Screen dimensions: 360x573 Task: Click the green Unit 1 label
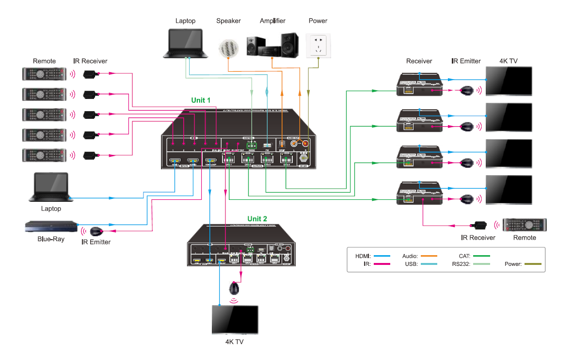[x=201, y=100]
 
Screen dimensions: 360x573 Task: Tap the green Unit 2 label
[x=257, y=219]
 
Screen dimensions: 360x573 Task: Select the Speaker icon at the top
[x=228, y=48]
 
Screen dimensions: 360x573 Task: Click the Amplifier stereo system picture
[x=272, y=46]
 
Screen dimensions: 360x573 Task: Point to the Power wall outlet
[x=318, y=46]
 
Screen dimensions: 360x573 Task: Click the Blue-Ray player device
[x=51, y=227]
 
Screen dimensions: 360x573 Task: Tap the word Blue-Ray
[x=51, y=239]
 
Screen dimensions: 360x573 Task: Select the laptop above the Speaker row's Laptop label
[x=186, y=44]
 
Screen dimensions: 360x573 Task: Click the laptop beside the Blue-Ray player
[x=51, y=188]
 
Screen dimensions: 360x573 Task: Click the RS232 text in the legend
[x=461, y=264]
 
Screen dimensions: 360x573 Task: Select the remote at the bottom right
[x=525, y=225]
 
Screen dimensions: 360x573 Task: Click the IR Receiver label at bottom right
[x=478, y=238]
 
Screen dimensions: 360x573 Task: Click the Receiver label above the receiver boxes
[x=419, y=61]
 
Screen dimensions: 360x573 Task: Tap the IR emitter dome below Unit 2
[x=235, y=289]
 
